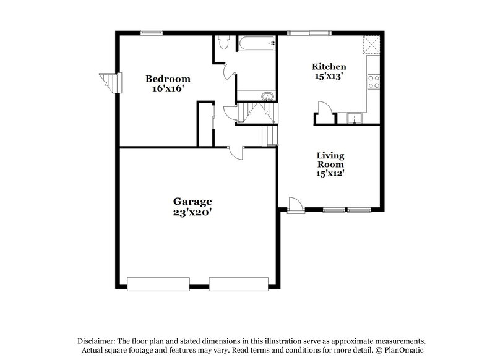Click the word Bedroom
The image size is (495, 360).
click(168, 79)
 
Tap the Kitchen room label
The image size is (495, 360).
click(329, 67)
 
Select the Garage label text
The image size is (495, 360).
click(192, 202)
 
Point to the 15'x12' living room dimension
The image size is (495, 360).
click(330, 174)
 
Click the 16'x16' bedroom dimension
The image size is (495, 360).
click(168, 88)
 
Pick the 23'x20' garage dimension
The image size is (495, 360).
click(192, 212)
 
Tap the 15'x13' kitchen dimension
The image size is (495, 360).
click(329, 77)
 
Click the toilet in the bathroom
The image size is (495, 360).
click(223, 43)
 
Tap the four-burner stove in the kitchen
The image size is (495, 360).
click(374, 82)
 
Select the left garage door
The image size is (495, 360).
click(157, 284)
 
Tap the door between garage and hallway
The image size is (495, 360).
click(236, 153)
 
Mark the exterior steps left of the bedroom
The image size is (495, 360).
click(108, 82)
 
